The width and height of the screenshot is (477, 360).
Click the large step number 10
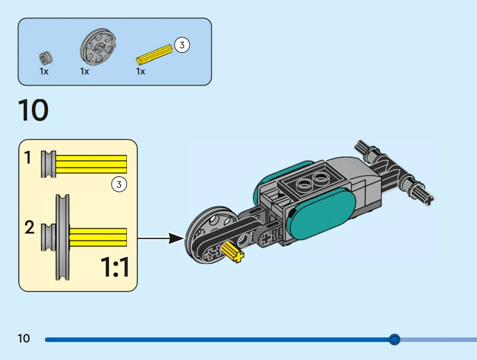(34, 110)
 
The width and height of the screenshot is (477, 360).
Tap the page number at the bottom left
(24, 338)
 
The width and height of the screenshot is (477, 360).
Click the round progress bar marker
(394, 339)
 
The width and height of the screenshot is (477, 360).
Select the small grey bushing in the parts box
(46, 58)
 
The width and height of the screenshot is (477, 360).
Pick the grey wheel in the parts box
(98, 47)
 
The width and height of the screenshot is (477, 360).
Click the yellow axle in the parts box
(154, 54)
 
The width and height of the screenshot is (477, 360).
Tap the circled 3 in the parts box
(182, 45)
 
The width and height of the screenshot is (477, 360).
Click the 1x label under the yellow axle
(140, 71)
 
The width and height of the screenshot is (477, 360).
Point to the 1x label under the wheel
(84, 71)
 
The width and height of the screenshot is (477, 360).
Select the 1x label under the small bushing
(44, 71)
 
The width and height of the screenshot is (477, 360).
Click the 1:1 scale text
(115, 267)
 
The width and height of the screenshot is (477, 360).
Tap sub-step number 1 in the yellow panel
(28, 157)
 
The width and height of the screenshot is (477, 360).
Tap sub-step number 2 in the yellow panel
(30, 227)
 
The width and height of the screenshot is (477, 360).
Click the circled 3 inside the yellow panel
(119, 184)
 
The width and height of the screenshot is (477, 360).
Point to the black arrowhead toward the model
(176, 239)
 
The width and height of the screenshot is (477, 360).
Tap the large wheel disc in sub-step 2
(63, 237)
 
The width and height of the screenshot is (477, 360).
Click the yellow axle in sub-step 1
(91, 164)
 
